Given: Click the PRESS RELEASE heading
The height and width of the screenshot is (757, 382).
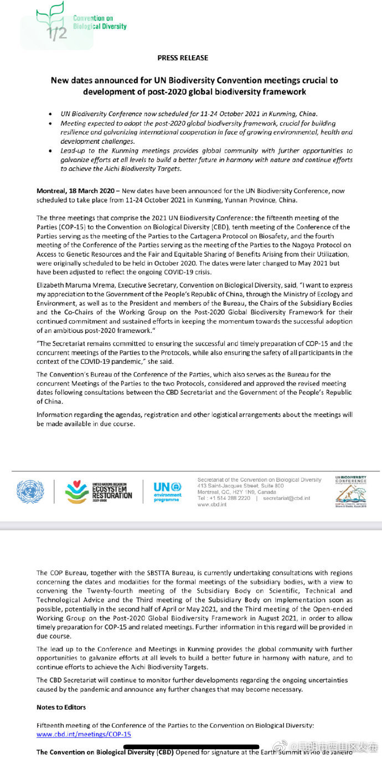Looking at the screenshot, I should tap(183, 58).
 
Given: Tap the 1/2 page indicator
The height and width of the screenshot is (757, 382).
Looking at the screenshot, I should tap(57, 33).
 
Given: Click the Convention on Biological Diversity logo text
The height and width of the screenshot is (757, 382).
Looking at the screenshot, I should tap(100, 22).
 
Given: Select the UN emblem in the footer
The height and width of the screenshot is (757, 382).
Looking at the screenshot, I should tap(30, 492).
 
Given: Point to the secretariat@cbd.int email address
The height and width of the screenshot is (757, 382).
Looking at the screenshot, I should tap(287, 498).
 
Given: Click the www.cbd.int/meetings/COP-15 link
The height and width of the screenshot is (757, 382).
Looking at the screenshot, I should tap(84, 734).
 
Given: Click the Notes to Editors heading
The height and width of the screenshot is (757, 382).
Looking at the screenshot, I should tap(61, 707).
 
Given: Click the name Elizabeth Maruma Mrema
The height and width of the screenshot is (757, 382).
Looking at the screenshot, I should tap(71, 286).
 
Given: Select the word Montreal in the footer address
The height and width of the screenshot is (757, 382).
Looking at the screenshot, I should tap(208, 492).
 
